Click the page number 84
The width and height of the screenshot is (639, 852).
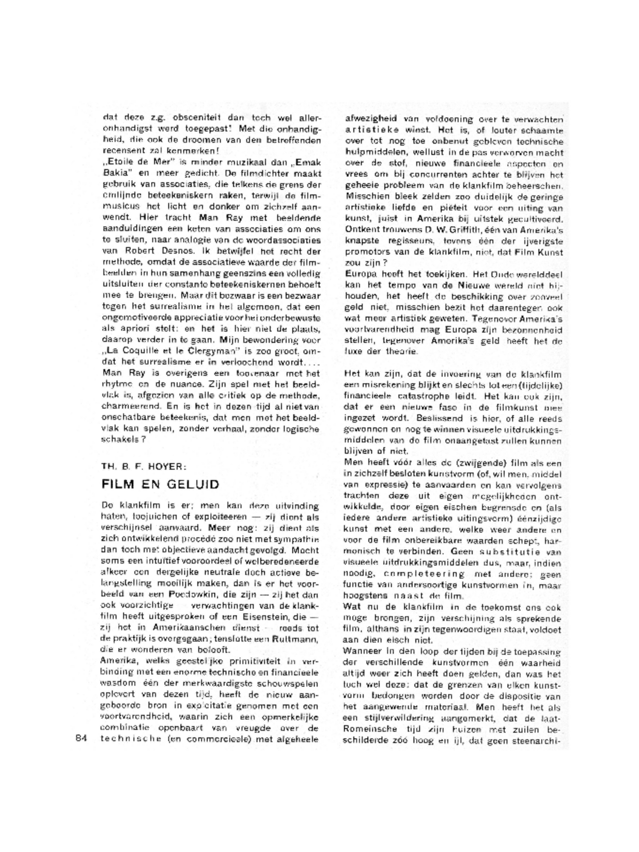(81, 738)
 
